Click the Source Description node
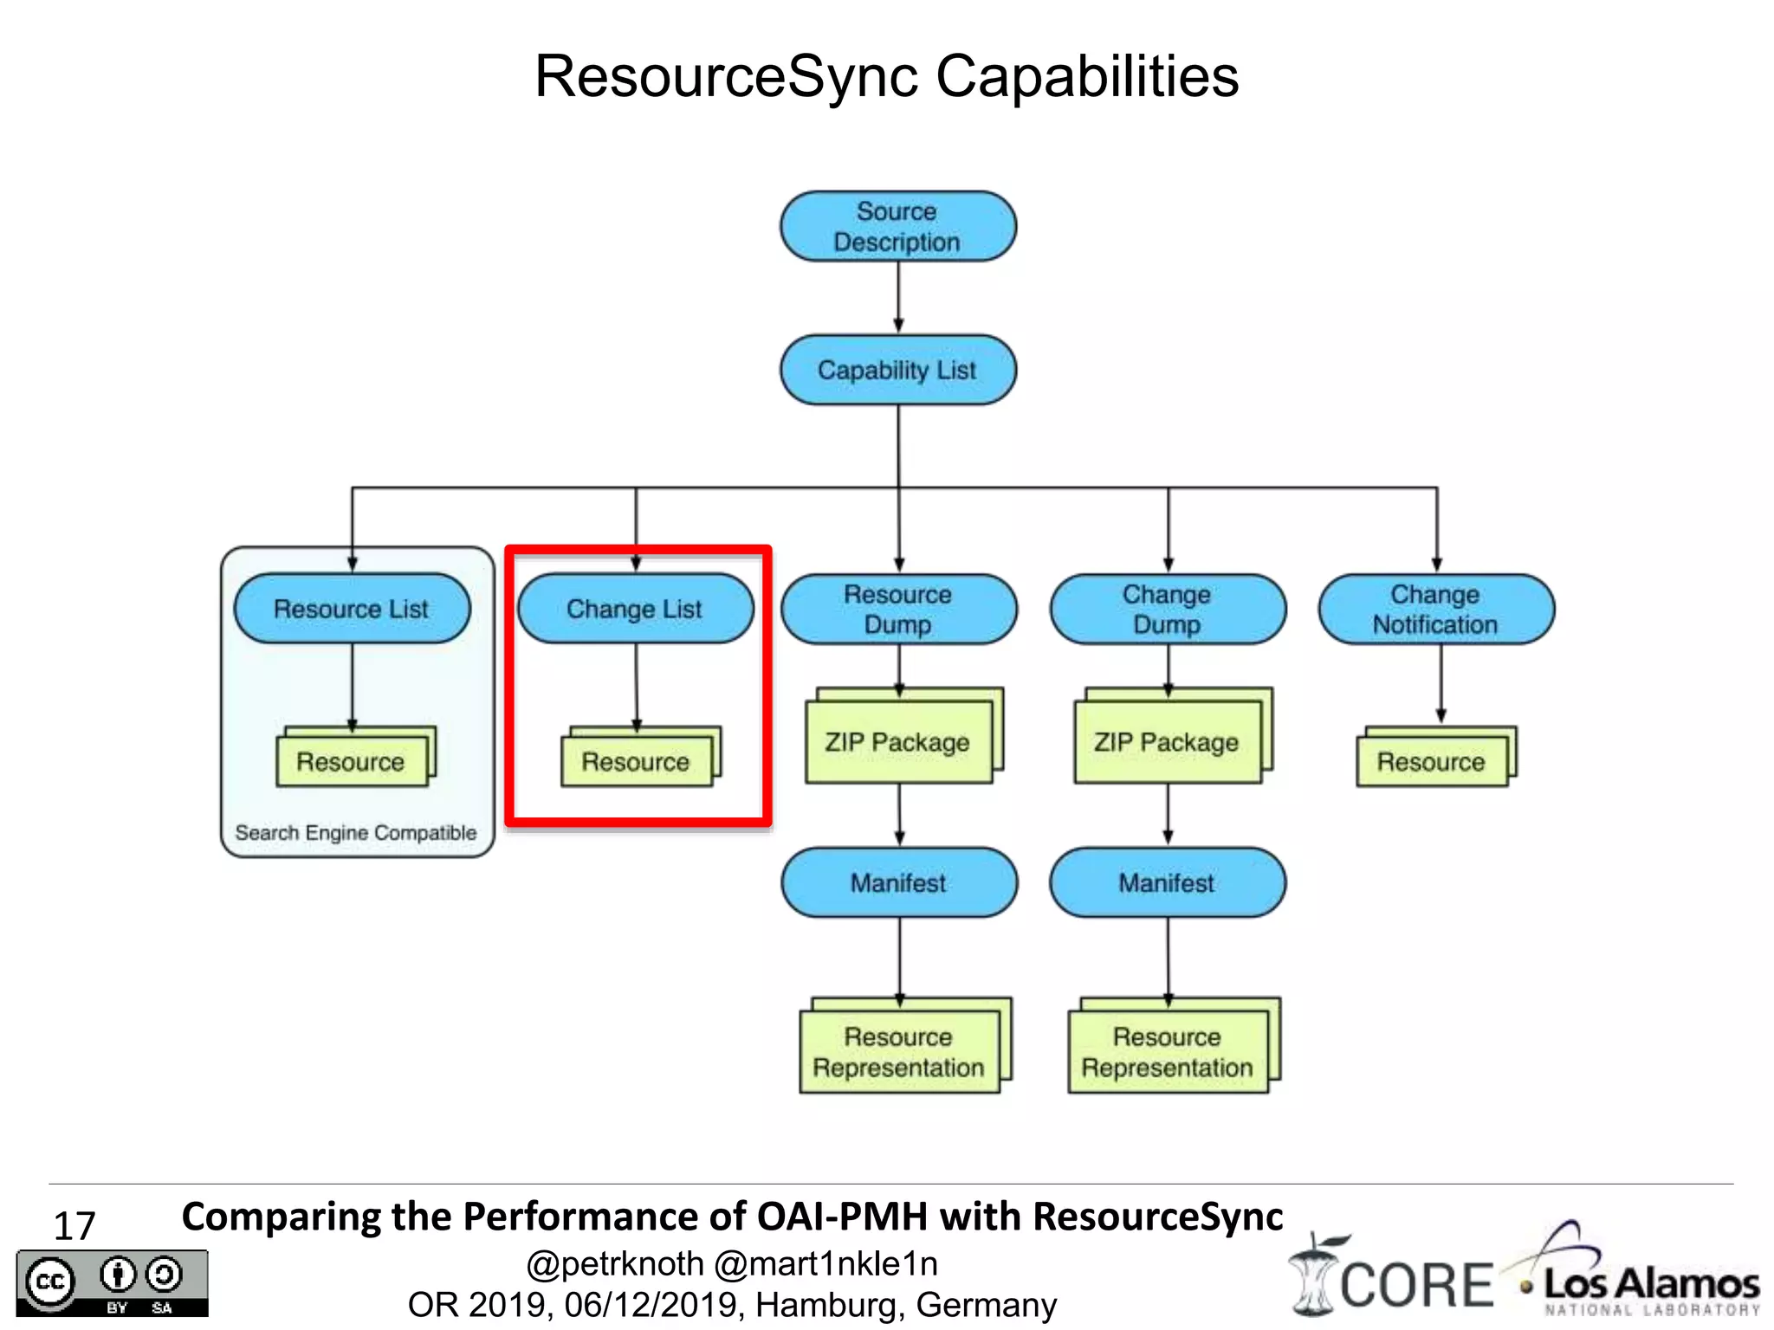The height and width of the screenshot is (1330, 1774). (897, 227)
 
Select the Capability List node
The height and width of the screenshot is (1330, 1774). (897, 371)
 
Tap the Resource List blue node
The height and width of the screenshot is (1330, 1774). (352, 609)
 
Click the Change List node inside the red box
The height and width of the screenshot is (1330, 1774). (635, 609)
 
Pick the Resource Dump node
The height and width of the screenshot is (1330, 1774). (898, 610)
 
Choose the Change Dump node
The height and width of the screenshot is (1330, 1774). (1167, 610)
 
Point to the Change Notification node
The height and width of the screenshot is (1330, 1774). (1435, 610)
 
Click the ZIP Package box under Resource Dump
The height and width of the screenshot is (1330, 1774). (898, 742)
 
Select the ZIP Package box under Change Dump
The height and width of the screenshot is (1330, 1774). (1167, 742)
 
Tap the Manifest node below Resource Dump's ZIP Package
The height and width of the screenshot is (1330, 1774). (898, 883)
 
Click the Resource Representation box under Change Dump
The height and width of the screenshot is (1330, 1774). (1167, 1051)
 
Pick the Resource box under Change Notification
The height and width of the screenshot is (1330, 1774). (1432, 762)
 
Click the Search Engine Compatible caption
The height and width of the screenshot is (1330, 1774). (356, 833)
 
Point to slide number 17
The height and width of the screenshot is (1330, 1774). (74, 1226)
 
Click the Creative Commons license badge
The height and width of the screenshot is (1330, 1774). (113, 1283)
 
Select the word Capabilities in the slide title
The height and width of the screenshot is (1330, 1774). (1087, 76)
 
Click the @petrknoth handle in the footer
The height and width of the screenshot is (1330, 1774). (615, 1264)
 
